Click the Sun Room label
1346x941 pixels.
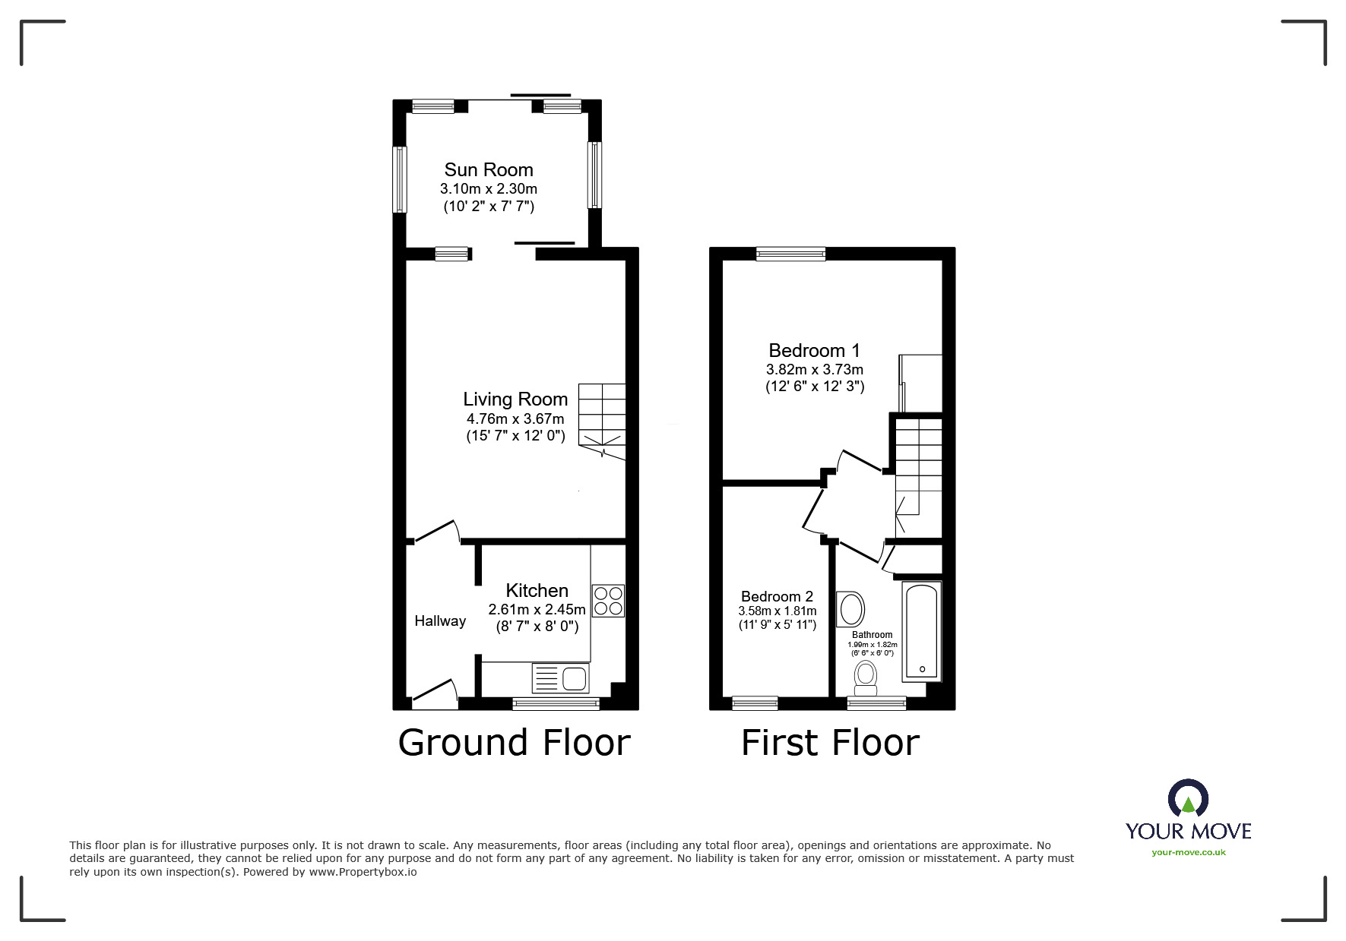pyautogui.click(x=489, y=170)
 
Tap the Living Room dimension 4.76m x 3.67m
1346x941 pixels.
pyautogui.click(x=515, y=418)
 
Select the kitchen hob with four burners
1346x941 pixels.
pyautogui.click(x=608, y=601)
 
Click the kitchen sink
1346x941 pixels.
pyautogui.click(x=561, y=678)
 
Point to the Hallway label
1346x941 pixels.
pyautogui.click(x=440, y=621)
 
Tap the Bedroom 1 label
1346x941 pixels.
pyautogui.click(x=814, y=351)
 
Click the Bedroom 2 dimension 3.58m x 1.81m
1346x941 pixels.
pyautogui.click(x=777, y=611)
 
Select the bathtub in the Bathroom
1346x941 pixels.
pyautogui.click(x=921, y=630)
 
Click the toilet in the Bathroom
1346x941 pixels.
pyautogui.click(x=865, y=677)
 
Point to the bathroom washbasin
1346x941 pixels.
pyautogui.click(x=850, y=609)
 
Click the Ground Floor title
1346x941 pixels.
pyautogui.click(x=515, y=743)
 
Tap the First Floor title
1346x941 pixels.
pyautogui.click(x=830, y=743)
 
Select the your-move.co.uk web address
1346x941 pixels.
pyautogui.click(x=1188, y=852)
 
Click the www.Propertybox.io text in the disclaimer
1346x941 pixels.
pyautogui.click(x=363, y=872)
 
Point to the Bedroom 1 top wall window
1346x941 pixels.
pyautogui.click(x=790, y=254)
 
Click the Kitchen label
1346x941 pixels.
pyautogui.click(x=537, y=591)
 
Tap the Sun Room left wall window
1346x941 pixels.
pyautogui.click(x=399, y=179)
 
